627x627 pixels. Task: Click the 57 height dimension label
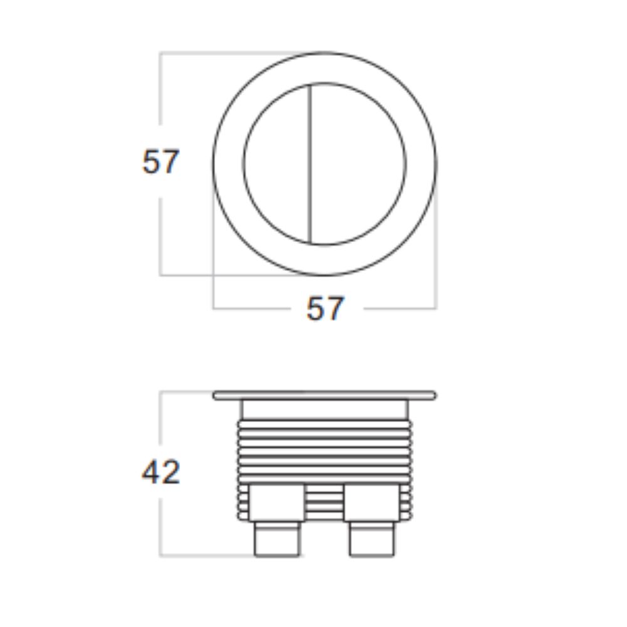pos(161,162)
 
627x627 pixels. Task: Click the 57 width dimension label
pos(325,308)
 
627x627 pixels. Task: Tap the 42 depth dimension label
pos(161,472)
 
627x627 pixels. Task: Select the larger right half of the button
pos(358,164)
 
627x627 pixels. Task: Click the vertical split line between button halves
pos(311,164)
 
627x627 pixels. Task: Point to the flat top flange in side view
pos(325,396)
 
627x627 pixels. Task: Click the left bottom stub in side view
pos(277,538)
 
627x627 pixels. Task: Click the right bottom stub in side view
pos(372,538)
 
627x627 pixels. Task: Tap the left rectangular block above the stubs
pos(277,503)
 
